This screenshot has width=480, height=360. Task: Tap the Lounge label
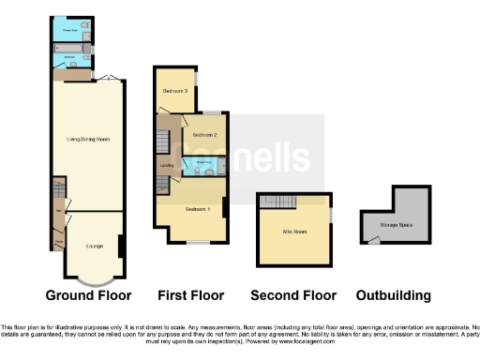95,246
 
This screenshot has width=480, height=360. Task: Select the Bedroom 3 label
175,91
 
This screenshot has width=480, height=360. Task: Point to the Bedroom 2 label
204,135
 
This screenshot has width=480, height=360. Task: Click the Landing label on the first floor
168,167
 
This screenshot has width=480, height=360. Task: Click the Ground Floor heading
90,295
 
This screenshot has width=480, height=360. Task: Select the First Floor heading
191,295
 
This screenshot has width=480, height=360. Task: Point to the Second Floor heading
292,295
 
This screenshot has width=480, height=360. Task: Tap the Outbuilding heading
395,295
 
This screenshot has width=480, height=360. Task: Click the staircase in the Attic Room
279,202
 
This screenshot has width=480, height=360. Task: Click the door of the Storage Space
374,240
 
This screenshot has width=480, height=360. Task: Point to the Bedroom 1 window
198,244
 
